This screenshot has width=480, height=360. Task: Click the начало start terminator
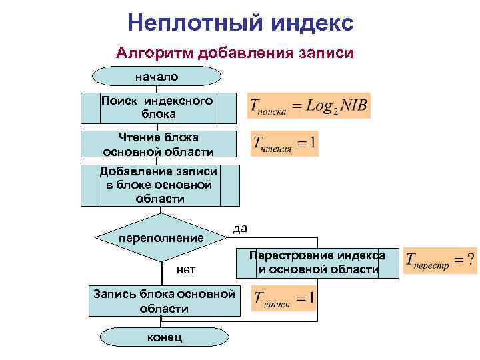click(x=157, y=77)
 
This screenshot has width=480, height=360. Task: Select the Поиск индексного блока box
click(x=159, y=107)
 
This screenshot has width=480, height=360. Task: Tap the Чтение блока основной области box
click(x=159, y=145)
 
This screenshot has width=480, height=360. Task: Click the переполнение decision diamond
click(x=161, y=238)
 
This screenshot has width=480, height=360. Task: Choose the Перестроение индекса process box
click(x=317, y=262)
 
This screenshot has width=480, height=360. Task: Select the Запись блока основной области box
click(x=164, y=301)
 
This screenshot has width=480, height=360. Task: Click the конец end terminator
click(x=164, y=337)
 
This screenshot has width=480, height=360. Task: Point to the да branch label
click(x=241, y=228)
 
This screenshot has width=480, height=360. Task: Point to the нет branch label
click(x=185, y=270)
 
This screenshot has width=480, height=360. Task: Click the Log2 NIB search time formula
click(x=309, y=105)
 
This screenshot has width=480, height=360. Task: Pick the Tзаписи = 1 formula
click(x=283, y=298)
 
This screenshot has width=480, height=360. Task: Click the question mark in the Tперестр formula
click(x=471, y=257)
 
